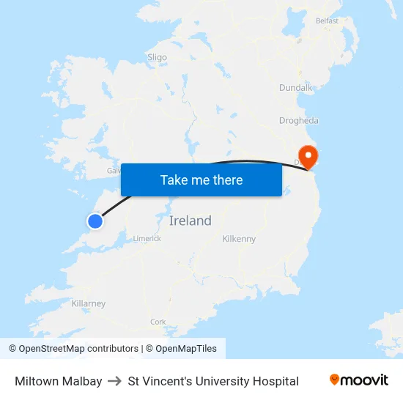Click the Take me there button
click(x=201, y=180)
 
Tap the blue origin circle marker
click(x=95, y=221)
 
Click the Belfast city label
click(x=327, y=21)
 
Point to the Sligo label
click(x=157, y=57)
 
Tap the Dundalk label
click(x=295, y=88)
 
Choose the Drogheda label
click(x=298, y=120)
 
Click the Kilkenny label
click(x=239, y=239)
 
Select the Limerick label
click(x=147, y=238)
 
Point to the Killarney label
click(x=89, y=303)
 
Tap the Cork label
click(x=158, y=322)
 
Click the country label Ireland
click(x=190, y=221)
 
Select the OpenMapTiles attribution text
click(x=185, y=349)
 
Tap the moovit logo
click(x=358, y=380)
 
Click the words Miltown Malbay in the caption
click(x=59, y=381)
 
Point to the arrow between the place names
click(x=115, y=381)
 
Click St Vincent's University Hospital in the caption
click(x=213, y=381)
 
